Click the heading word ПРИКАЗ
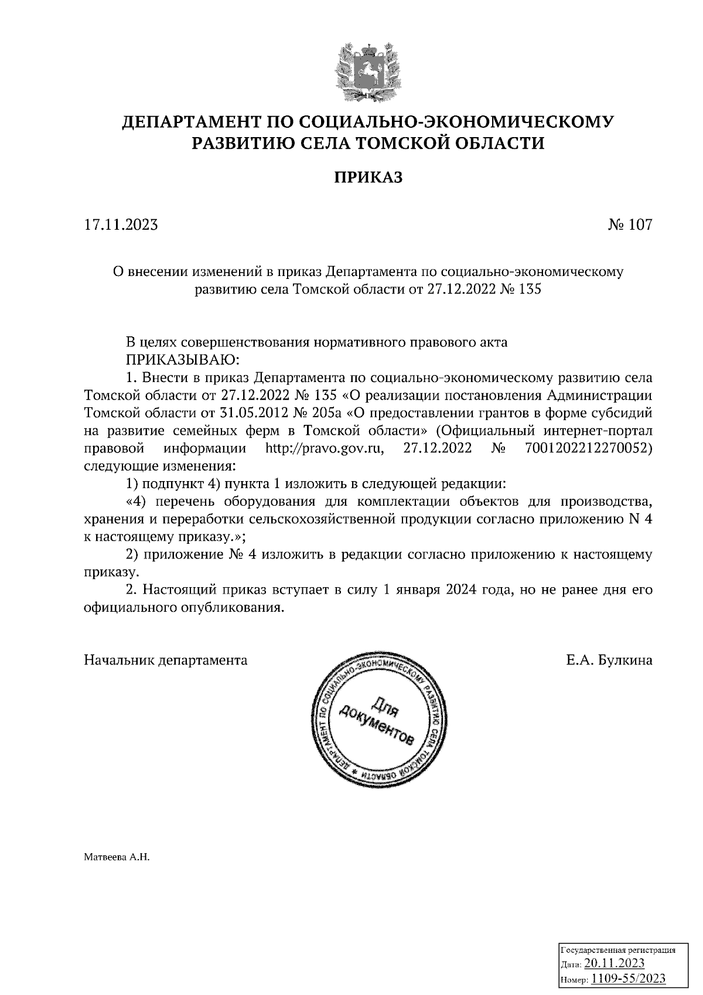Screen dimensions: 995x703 pyautogui.click(x=368, y=177)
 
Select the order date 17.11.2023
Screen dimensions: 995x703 pyautogui.click(x=121, y=225)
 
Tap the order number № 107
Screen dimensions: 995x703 pyautogui.click(x=629, y=225)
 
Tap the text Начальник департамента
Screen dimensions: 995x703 pyautogui.click(x=166, y=660)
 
